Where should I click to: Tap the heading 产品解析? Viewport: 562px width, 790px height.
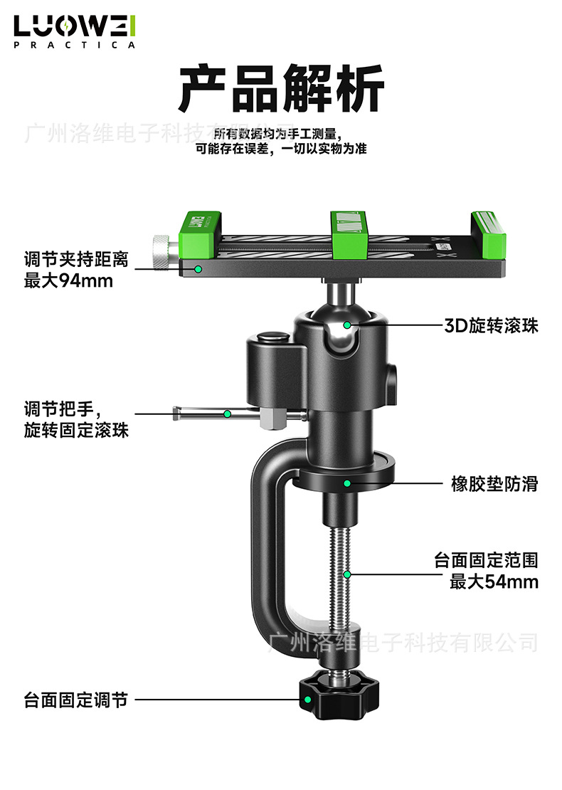(281, 89)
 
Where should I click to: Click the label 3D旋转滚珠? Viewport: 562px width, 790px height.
(491, 326)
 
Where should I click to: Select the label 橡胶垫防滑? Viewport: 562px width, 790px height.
(494, 485)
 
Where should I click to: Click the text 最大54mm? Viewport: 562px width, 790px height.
(494, 581)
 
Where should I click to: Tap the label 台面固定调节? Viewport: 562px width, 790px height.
(75, 700)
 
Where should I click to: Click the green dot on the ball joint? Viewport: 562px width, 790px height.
(347, 325)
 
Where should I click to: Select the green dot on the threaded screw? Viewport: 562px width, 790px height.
(347, 574)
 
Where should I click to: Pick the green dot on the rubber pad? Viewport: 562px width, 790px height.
(347, 484)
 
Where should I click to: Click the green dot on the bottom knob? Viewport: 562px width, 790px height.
(308, 700)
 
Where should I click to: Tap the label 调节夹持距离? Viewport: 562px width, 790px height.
(76, 260)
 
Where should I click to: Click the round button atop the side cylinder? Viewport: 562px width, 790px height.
(272, 339)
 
